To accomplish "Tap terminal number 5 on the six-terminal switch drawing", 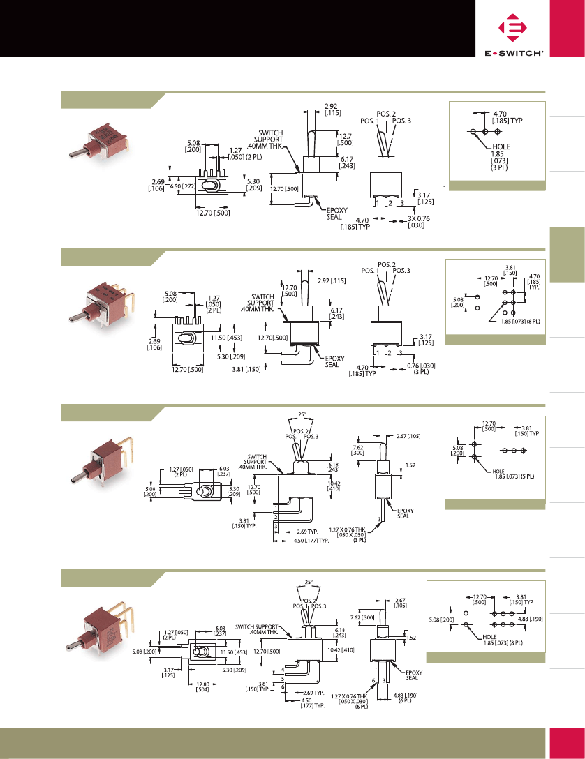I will coord(282,677).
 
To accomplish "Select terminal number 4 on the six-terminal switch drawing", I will coord(282,668).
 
